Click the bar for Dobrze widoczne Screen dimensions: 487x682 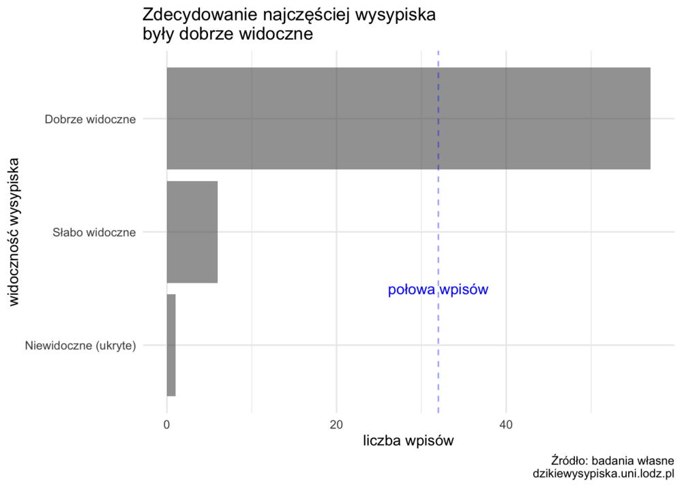pos(408,119)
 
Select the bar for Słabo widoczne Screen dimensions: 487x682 pos(192,232)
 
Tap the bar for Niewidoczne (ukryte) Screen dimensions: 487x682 pos(171,345)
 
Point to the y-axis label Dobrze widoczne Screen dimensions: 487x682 pos(91,119)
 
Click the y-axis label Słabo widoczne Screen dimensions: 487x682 pos(94,232)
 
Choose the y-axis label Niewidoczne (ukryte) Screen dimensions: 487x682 pos(80,345)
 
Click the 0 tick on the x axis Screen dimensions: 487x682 pos(167,424)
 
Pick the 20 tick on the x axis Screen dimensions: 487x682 pos(336,424)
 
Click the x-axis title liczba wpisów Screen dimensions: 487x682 pos(408,441)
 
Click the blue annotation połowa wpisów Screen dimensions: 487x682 pos(438,290)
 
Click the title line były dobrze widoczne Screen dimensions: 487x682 pos(227,34)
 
